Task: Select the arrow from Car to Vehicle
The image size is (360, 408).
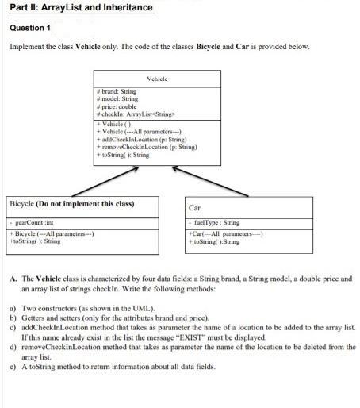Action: click(x=210, y=182)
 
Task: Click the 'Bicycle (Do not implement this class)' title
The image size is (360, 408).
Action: click(x=71, y=204)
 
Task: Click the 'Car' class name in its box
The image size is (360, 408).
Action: click(x=195, y=207)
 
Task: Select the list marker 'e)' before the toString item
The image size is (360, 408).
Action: click(x=13, y=367)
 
